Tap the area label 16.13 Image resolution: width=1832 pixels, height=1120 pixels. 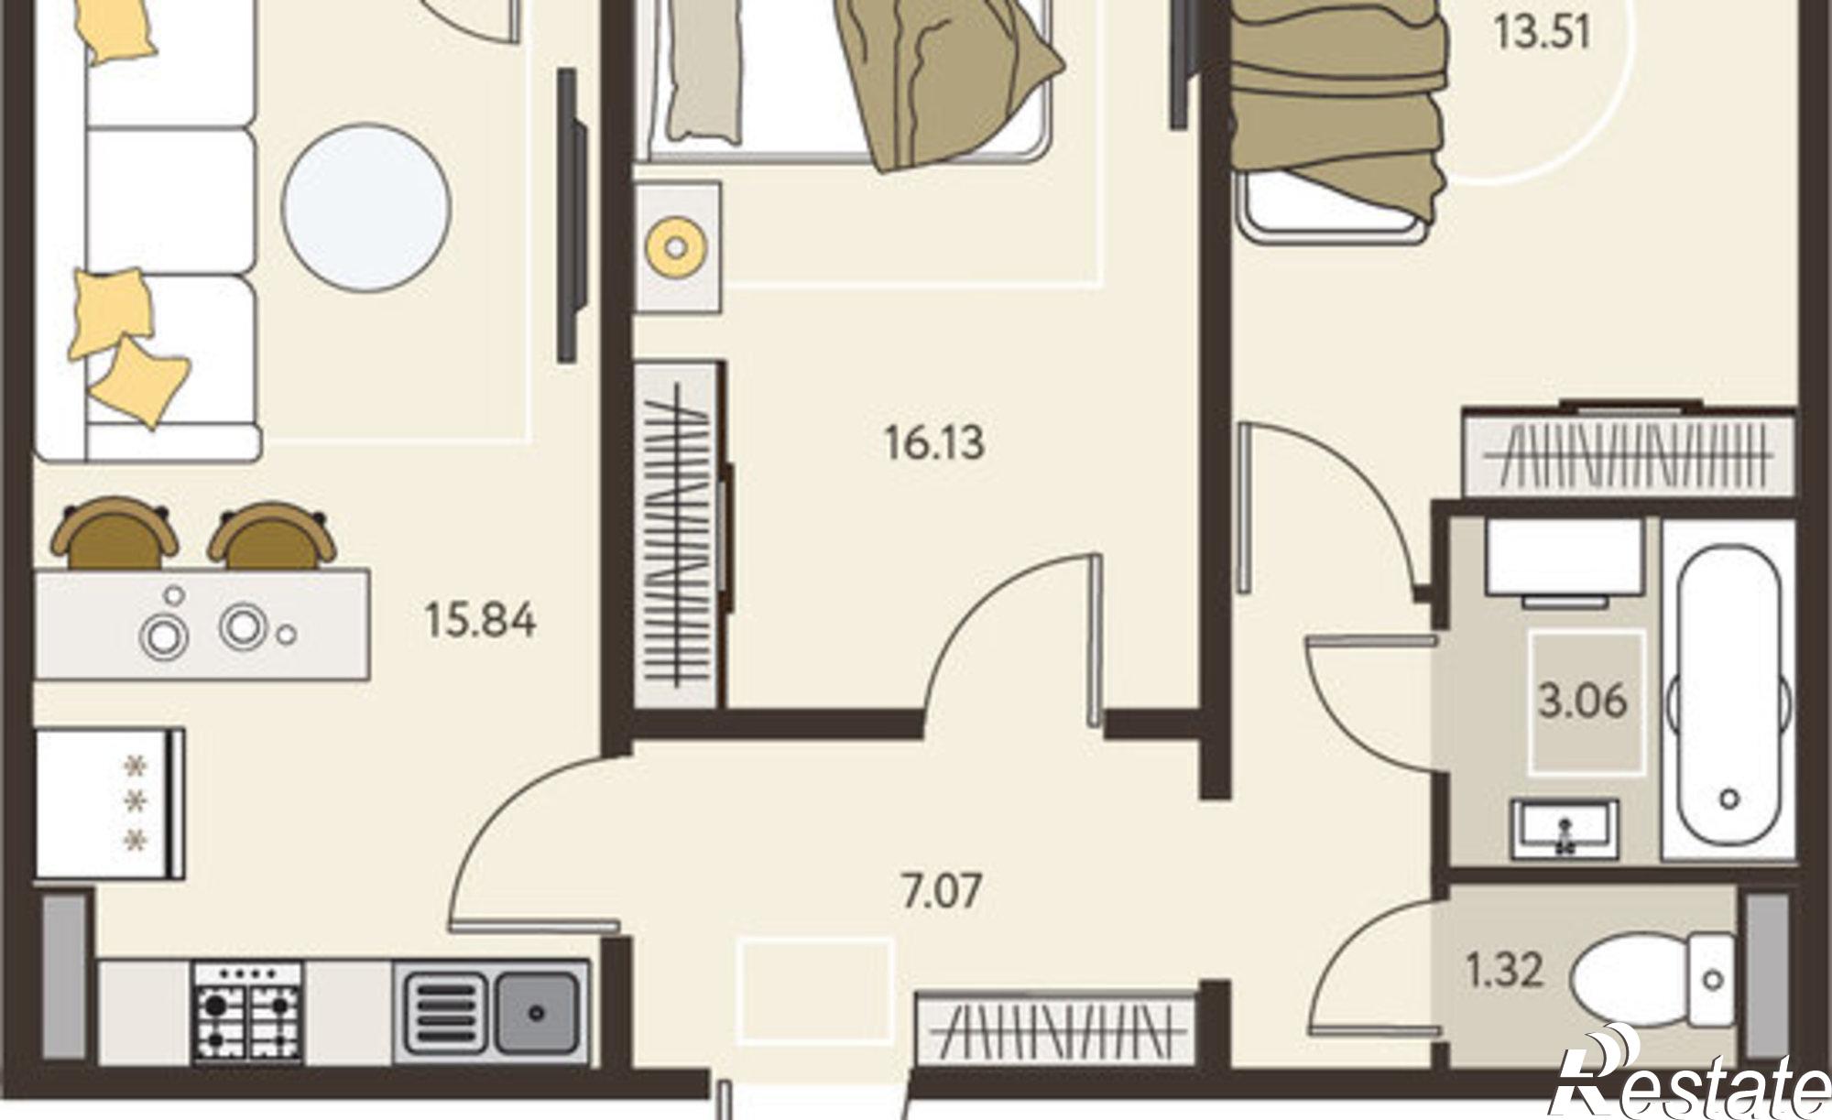[x=933, y=443]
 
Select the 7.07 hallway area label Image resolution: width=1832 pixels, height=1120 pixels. [x=943, y=892]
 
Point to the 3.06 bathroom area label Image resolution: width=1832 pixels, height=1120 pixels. [x=1582, y=702]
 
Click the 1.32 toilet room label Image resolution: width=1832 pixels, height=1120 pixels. [x=1504, y=970]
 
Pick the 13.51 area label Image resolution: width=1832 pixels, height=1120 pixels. [x=1542, y=33]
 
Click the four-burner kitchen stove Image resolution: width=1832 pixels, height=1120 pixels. [x=246, y=1013]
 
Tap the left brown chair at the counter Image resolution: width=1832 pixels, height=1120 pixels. [x=114, y=534]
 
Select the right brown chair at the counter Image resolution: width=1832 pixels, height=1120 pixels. [x=272, y=536]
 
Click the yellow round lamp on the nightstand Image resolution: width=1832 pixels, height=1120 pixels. [x=676, y=246]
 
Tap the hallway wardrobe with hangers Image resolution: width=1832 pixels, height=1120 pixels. [x=1057, y=1029]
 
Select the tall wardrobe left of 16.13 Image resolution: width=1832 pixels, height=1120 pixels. [x=679, y=534]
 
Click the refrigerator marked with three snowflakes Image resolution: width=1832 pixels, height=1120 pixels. [x=110, y=803]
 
